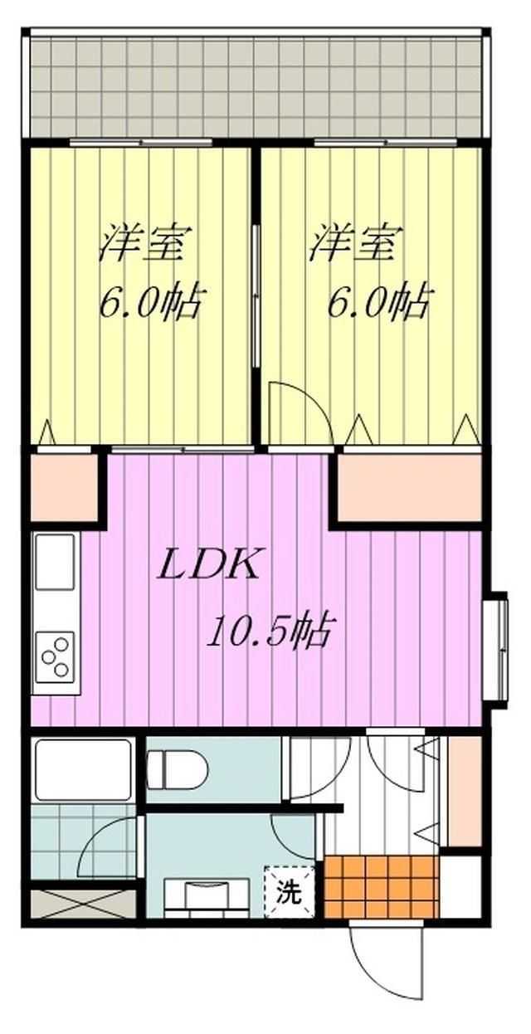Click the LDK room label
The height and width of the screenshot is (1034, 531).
207,563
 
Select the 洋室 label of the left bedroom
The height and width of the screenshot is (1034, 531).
143,243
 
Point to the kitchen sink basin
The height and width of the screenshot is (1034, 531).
56,562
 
